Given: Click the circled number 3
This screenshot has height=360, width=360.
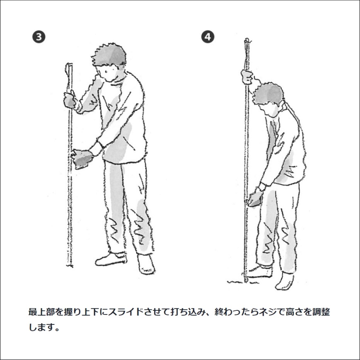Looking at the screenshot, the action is point(39,37).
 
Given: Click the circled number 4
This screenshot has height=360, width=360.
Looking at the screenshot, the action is point(208,37).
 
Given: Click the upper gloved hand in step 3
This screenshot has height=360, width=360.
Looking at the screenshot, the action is point(70,100).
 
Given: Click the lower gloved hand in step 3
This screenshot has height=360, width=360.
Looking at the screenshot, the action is point(82,158).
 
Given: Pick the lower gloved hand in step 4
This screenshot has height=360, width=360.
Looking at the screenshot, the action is point(255,198).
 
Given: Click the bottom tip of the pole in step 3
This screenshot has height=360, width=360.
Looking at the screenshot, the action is point(70,266).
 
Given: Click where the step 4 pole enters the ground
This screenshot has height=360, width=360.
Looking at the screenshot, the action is point(246,281).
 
